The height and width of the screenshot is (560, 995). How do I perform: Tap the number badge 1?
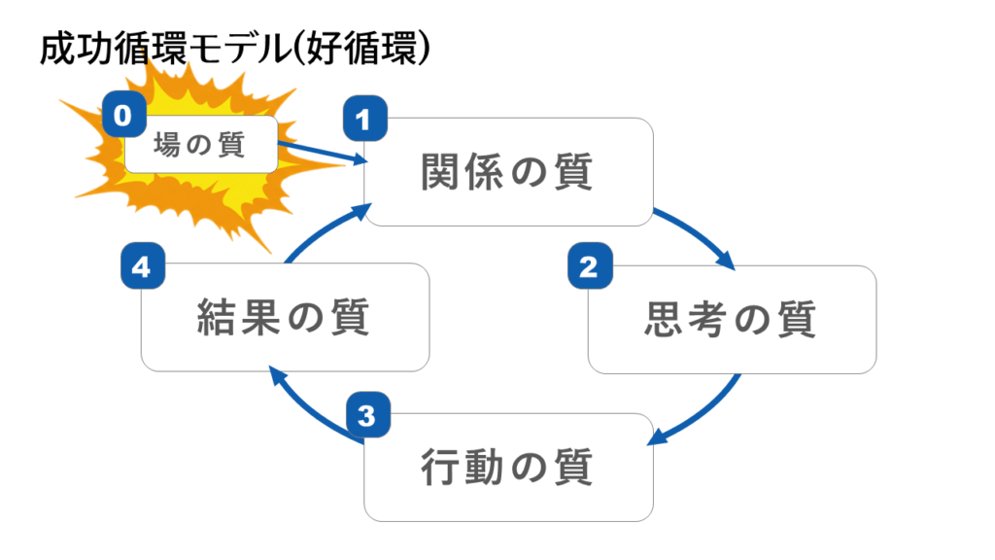(x=364, y=120)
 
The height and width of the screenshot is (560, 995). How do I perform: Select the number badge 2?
(x=588, y=267)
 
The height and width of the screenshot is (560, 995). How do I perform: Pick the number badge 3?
(x=364, y=417)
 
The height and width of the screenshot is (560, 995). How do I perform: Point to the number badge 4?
(x=142, y=267)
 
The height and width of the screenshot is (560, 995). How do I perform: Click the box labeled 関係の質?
(x=508, y=172)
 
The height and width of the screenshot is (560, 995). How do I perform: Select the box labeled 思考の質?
(x=732, y=319)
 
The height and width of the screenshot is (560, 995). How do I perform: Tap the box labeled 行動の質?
(x=508, y=468)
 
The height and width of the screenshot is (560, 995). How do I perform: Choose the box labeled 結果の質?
(x=285, y=317)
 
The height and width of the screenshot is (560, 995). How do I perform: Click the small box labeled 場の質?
(x=201, y=146)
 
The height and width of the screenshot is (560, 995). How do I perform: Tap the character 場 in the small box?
(x=169, y=147)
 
